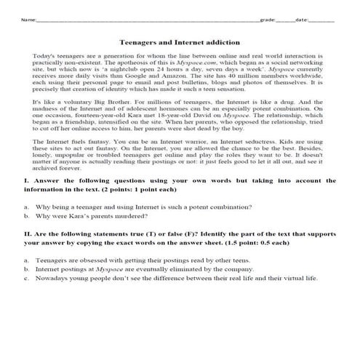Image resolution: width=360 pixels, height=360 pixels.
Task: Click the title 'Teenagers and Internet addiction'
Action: pos(180,43)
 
